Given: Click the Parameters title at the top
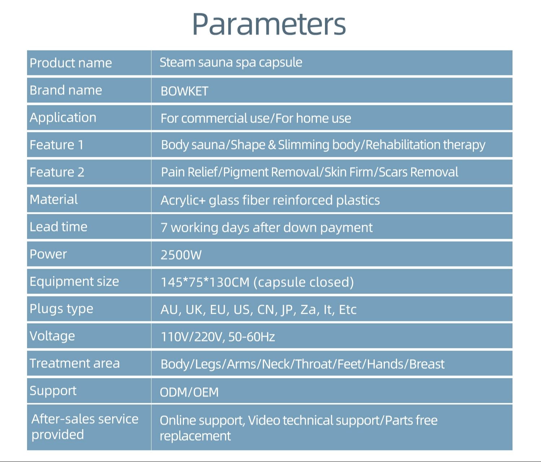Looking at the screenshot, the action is [x=269, y=24].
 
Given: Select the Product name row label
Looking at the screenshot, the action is [x=71, y=63].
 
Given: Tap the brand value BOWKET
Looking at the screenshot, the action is [x=184, y=91].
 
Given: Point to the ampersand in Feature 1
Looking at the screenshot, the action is [x=272, y=145].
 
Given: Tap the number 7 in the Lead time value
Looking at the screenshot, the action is [x=164, y=228].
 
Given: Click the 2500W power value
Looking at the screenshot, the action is [x=181, y=255].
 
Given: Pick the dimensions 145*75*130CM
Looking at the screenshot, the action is [x=205, y=282].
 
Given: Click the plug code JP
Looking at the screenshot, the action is [x=289, y=310].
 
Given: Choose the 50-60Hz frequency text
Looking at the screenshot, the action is [x=251, y=337].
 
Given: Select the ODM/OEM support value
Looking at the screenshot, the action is [x=189, y=392].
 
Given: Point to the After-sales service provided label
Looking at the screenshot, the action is [x=85, y=427].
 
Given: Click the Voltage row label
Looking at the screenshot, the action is [x=52, y=336].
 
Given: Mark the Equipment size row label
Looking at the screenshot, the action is [x=74, y=282].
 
